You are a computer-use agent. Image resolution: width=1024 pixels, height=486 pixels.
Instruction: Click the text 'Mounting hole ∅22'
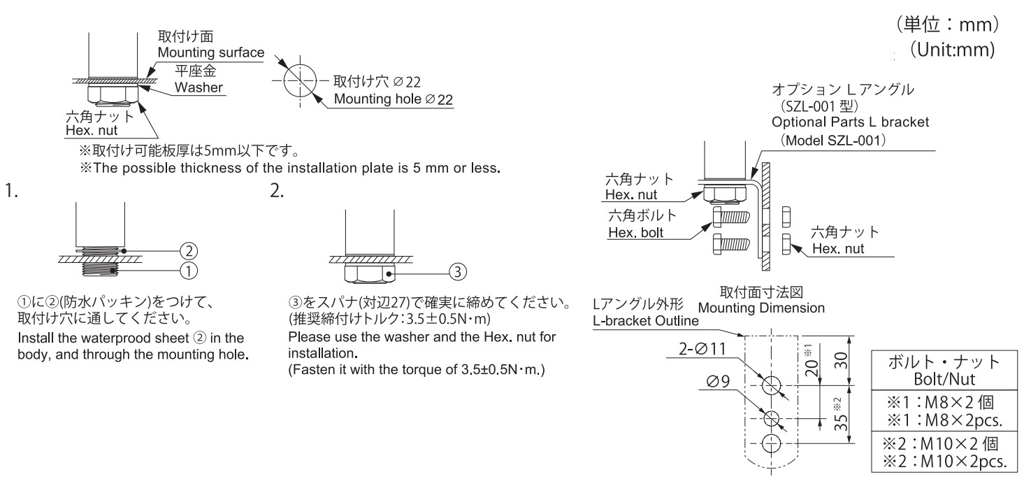[x=394, y=100]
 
